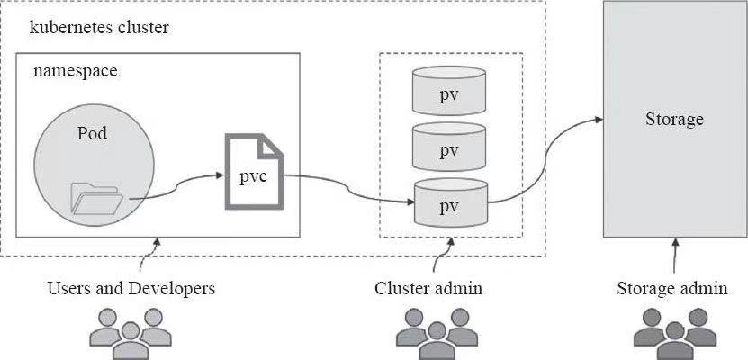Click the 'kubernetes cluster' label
pos(99,27)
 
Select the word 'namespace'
pos(76,70)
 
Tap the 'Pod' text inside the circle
pos(92,133)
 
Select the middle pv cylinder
pos(450,148)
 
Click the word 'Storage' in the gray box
pos(674,119)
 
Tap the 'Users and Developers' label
pos(131,289)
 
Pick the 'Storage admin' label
pos(672,289)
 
